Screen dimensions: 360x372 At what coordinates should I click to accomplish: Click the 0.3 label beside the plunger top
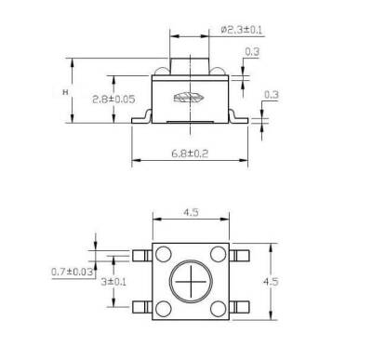[252, 52]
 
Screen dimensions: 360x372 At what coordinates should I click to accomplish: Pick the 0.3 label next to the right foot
[272, 94]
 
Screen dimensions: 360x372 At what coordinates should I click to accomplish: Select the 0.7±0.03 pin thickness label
[71, 272]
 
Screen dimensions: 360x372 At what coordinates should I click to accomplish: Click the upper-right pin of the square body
[242, 253]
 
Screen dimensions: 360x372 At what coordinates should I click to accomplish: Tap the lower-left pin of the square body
[142, 307]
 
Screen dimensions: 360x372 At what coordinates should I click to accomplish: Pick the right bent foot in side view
[241, 115]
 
